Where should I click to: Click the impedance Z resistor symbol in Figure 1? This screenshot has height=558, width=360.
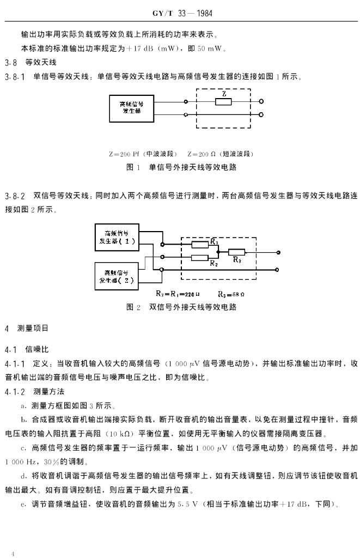(224, 101)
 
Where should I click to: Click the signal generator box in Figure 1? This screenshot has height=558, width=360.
(132, 107)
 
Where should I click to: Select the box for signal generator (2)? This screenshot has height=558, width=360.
(117, 277)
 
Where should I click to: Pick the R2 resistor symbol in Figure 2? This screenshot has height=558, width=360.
(200, 257)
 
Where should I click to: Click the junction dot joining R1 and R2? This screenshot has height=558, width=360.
(218, 252)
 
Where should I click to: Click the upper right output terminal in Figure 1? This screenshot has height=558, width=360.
(262, 101)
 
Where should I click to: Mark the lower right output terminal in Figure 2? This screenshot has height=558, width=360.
(279, 269)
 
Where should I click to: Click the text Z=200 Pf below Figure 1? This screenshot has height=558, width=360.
(126, 154)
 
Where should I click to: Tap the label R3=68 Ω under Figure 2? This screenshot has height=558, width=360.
(230, 294)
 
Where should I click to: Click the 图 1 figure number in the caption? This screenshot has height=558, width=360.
(133, 167)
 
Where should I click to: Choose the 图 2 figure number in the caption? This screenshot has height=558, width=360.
(133, 307)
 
